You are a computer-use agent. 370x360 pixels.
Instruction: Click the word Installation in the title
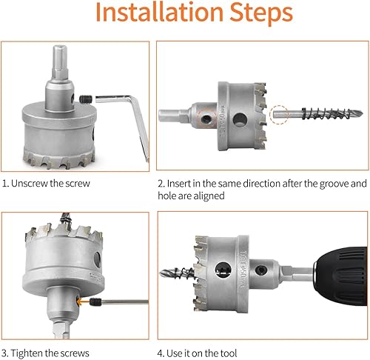tap(159, 12)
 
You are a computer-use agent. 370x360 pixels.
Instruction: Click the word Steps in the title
tap(261, 13)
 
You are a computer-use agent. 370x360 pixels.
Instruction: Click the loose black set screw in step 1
tap(86, 99)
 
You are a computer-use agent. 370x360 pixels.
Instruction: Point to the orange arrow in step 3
tap(83, 301)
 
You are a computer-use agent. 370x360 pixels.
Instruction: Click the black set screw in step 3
tap(95, 301)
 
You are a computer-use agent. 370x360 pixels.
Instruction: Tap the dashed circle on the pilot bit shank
tap(279, 114)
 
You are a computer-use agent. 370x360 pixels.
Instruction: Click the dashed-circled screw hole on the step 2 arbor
tap(206, 119)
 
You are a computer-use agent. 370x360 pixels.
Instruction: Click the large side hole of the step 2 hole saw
tap(240, 119)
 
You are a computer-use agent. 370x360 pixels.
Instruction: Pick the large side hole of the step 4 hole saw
tap(223, 270)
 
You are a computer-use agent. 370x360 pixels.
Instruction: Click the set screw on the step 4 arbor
tap(260, 270)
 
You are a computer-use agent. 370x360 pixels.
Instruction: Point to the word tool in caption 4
tap(229, 353)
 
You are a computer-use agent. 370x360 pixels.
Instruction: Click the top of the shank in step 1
tap(60, 47)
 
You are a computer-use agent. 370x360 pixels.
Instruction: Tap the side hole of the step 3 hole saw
tap(97, 260)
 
